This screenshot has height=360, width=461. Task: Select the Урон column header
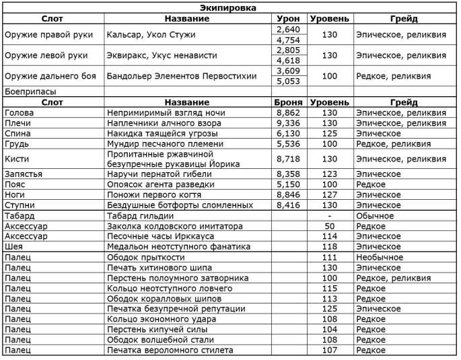(x=288, y=18)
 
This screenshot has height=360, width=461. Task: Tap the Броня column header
(x=288, y=102)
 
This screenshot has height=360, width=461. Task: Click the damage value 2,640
(x=288, y=29)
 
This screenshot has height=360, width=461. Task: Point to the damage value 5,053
(x=288, y=81)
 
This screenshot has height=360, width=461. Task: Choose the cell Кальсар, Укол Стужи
(x=148, y=34)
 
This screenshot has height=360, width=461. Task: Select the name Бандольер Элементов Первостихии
(x=182, y=76)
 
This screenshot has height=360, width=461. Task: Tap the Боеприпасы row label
(x=30, y=92)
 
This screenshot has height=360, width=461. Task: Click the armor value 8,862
(x=288, y=113)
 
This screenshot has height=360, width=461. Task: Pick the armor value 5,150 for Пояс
(x=288, y=184)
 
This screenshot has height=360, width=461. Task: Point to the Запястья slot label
(x=24, y=174)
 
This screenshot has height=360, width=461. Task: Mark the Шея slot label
(x=13, y=247)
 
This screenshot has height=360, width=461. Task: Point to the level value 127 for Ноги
(x=330, y=195)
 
